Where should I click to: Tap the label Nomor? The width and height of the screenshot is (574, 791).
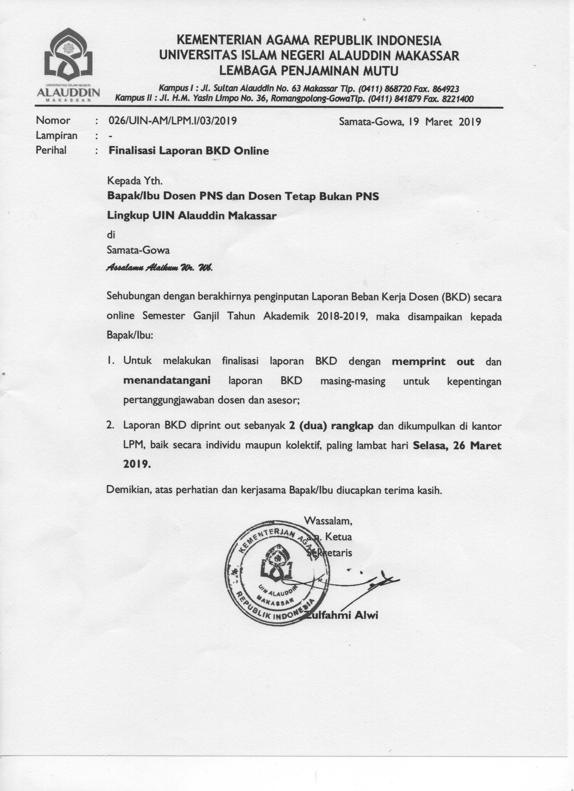[x=53, y=120]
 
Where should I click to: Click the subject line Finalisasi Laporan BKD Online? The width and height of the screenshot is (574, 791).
[x=189, y=151]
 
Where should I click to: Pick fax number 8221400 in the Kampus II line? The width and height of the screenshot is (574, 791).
[x=457, y=99]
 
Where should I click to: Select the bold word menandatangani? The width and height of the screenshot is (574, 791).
[x=167, y=380]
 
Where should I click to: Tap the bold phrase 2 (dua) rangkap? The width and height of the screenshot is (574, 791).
[x=331, y=426]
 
